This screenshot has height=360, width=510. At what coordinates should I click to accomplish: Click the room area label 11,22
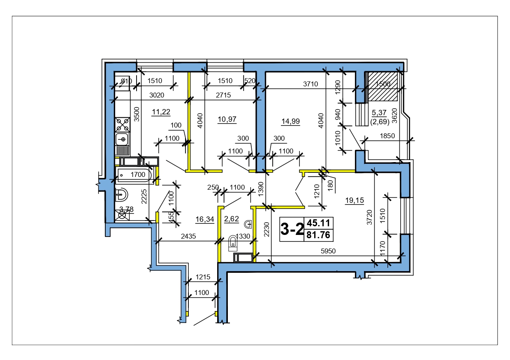pyautogui.click(x=161, y=112)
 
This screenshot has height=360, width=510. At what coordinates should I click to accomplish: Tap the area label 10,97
pyautogui.click(x=227, y=119)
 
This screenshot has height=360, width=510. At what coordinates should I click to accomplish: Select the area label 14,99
pyautogui.click(x=290, y=121)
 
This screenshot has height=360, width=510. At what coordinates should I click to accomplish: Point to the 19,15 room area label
pyautogui.click(x=355, y=200)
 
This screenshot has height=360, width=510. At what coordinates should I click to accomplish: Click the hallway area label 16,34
pyautogui.click(x=205, y=219)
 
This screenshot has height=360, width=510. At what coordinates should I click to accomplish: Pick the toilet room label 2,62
pyautogui.click(x=232, y=219)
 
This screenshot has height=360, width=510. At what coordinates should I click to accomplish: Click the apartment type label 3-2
pyautogui.click(x=292, y=229)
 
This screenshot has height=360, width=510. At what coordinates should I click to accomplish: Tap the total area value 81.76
pyautogui.click(x=318, y=235)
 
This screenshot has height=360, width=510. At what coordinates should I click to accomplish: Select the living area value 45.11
pyautogui.click(x=318, y=223)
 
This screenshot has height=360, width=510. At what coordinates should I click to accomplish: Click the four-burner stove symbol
pyautogui.click(x=123, y=125)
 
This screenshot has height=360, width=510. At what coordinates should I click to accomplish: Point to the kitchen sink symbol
pyautogui.click(x=122, y=139)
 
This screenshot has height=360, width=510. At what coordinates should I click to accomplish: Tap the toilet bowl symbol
pyautogui.click(x=233, y=243)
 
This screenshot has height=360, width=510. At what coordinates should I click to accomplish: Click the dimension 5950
pyautogui.click(x=328, y=251)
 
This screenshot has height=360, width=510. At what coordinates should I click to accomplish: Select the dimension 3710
pyautogui.click(x=311, y=84)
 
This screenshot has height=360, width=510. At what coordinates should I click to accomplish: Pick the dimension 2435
pyautogui.click(x=188, y=236)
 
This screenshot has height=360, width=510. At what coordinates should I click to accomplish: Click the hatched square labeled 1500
pyautogui.click(x=383, y=86)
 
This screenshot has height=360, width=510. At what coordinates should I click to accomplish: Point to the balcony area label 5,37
pyautogui.click(x=379, y=112)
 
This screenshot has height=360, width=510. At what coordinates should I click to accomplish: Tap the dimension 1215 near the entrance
pyautogui.click(x=203, y=277)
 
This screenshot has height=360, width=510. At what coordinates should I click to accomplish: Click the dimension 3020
pyautogui.click(x=157, y=95)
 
